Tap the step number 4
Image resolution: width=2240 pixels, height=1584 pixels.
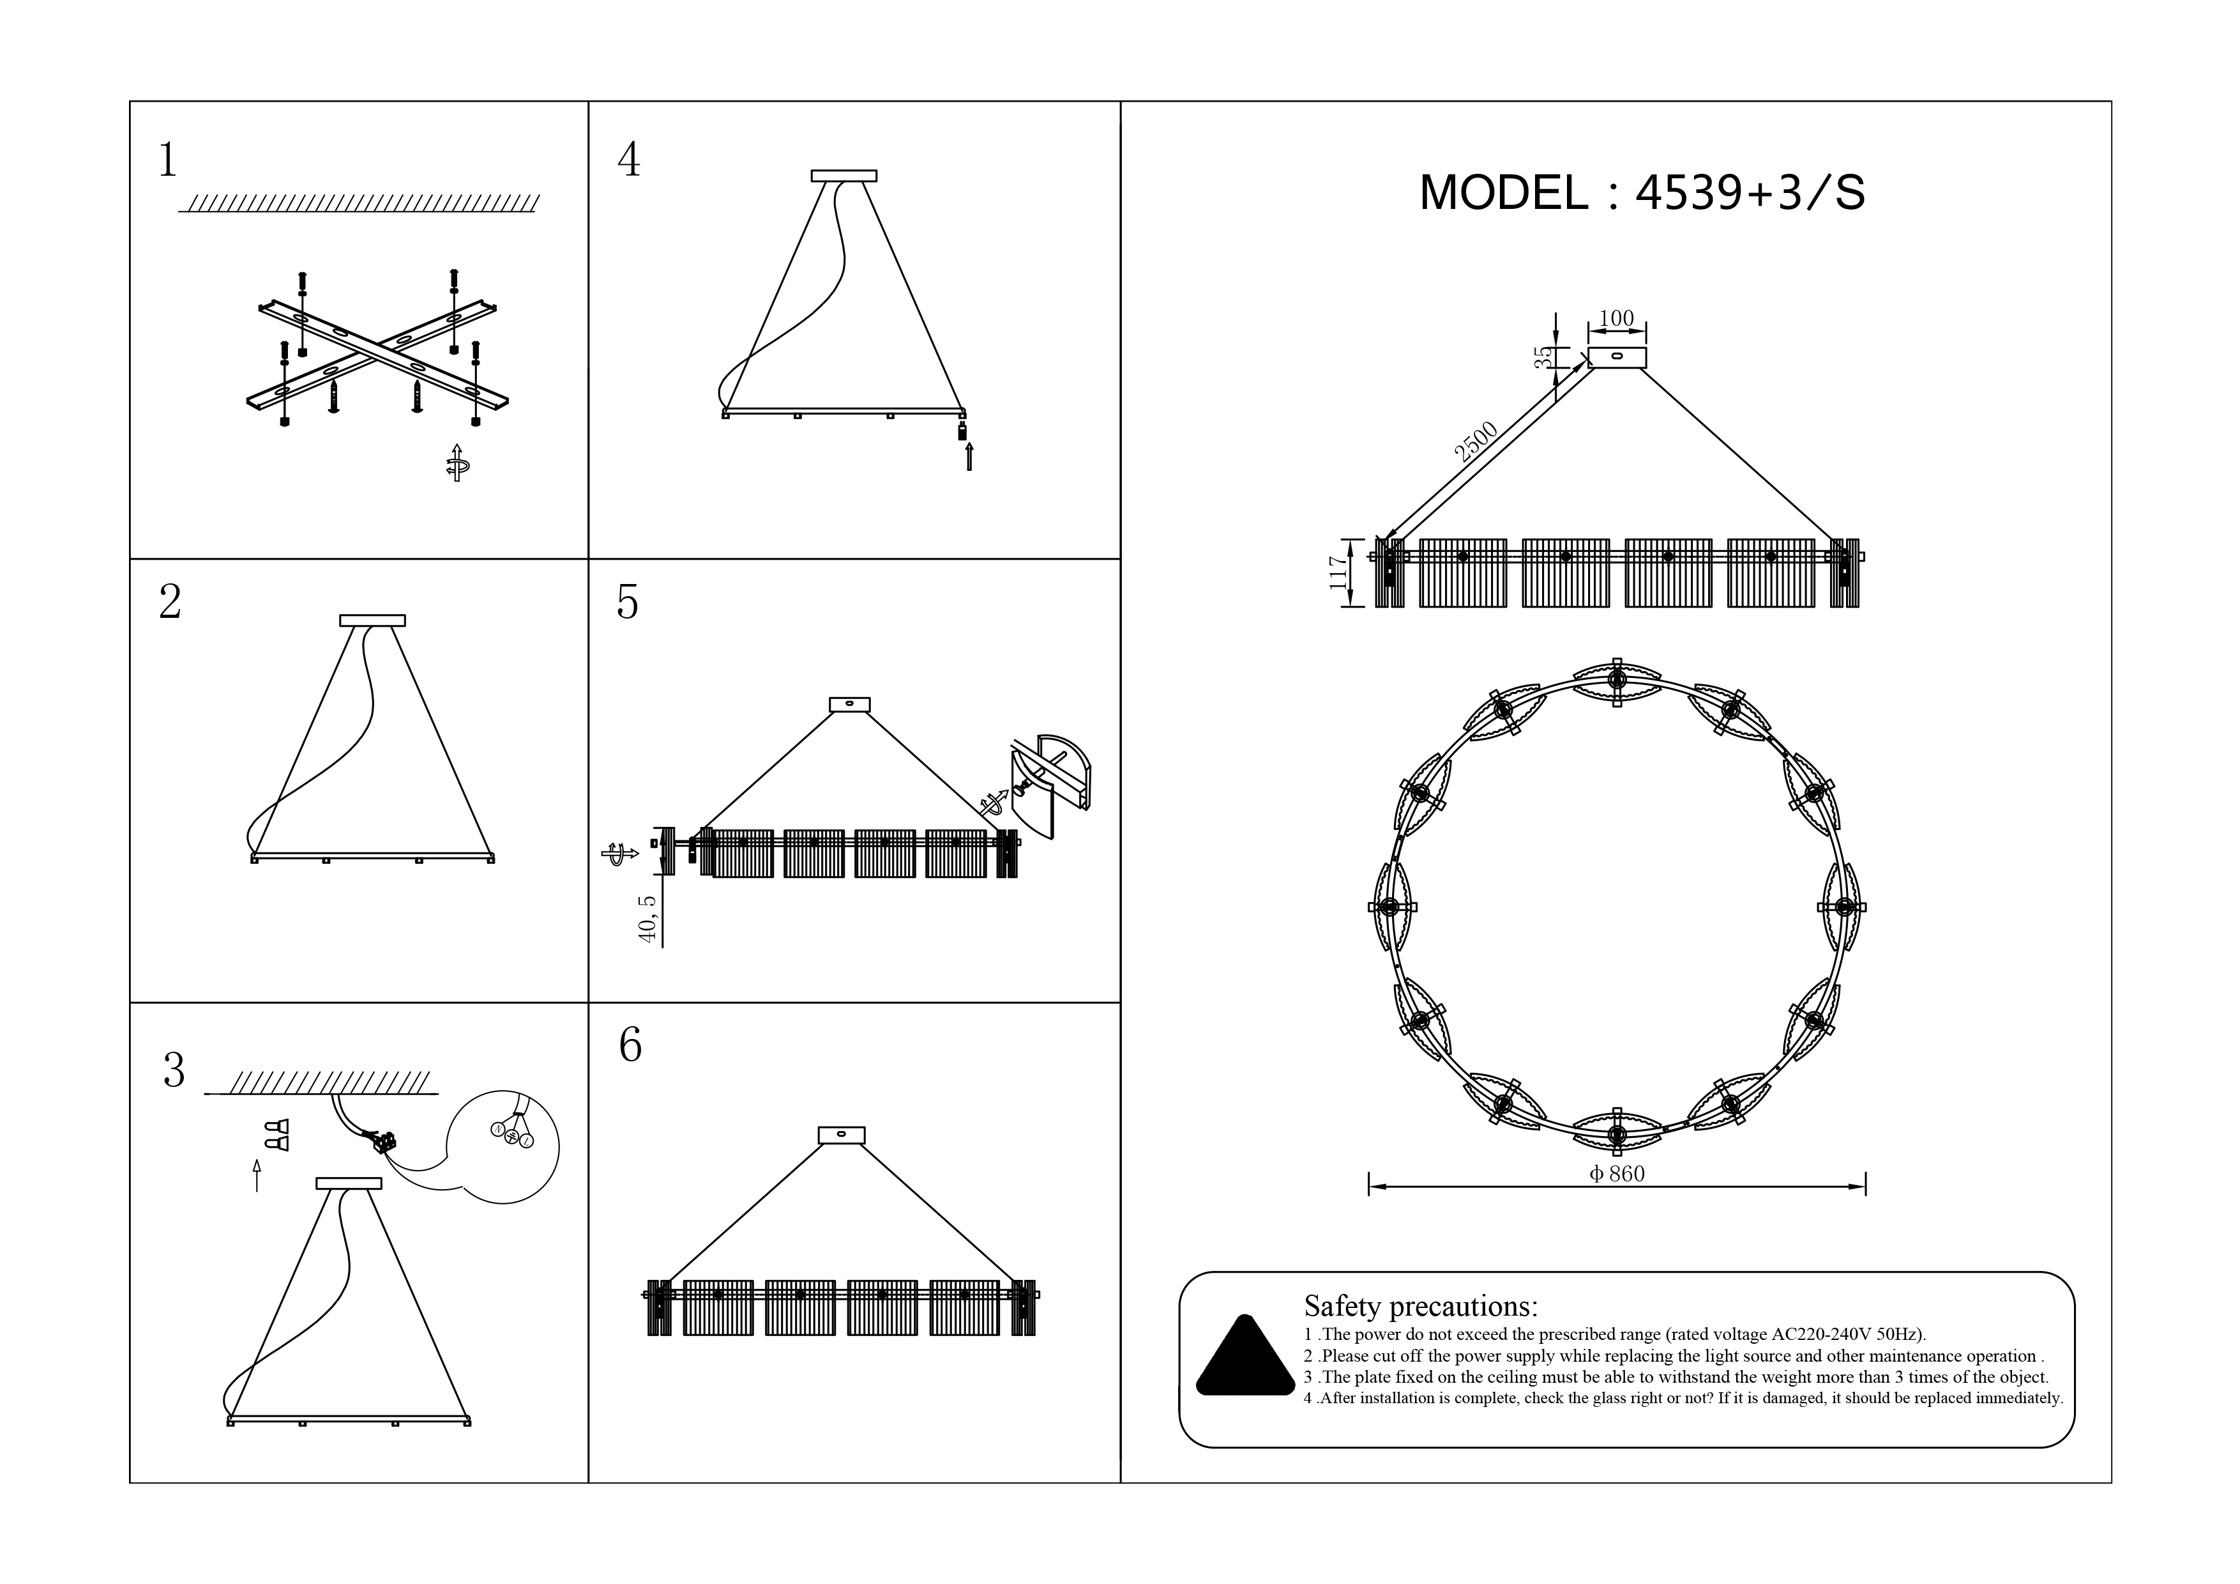pyautogui.click(x=629, y=159)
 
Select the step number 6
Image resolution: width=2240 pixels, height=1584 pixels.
pyautogui.click(x=630, y=1045)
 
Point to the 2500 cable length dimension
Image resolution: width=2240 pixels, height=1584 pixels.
pyautogui.click(x=1475, y=441)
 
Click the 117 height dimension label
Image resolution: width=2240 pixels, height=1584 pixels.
pyautogui.click(x=1338, y=573)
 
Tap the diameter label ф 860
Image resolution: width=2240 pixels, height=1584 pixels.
pyautogui.click(x=1617, y=1174)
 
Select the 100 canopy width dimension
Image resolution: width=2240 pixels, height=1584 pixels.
pyautogui.click(x=1617, y=318)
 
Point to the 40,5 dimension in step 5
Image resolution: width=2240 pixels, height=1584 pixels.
pyautogui.click(x=647, y=918)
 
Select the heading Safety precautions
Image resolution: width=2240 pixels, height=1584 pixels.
pyautogui.click(x=1421, y=1306)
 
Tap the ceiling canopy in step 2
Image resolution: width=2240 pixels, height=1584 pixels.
pyautogui.click(x=373, y=620)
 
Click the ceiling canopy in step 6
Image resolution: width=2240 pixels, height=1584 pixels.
pyautogui.click(x=841, y=1135)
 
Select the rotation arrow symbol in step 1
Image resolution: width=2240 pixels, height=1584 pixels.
pyautogui.click(x=457, y=464)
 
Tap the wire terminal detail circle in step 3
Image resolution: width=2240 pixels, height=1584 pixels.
pyautogui.click(x=503, y=1147)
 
